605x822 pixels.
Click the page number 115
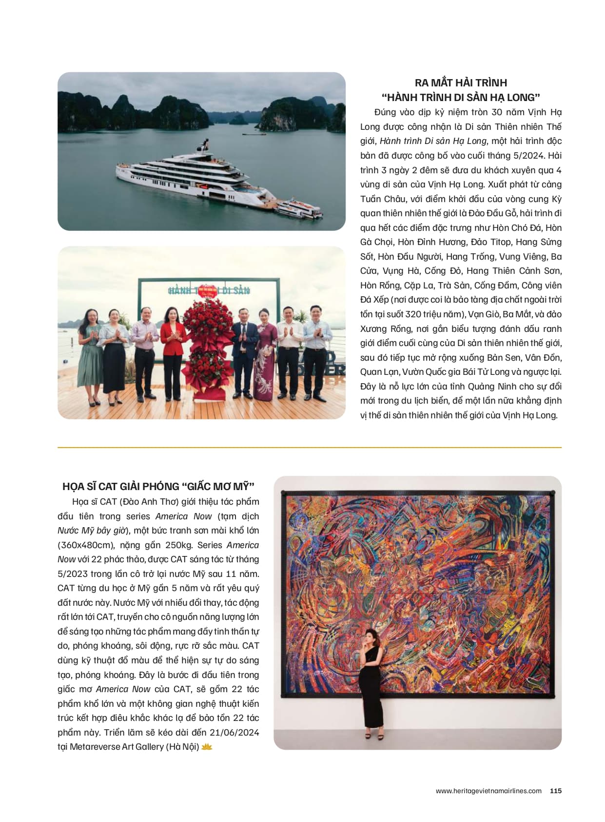[x=556, y=791]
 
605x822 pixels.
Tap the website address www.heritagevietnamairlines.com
[x=488, y=791]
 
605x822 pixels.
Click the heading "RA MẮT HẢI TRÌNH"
[x=461, y=82]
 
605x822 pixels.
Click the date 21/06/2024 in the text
[x=234, y=733]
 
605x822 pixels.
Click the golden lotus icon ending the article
[x=207, y=747]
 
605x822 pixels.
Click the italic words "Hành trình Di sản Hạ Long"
[x=433, y=141]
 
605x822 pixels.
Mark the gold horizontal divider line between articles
[x=309, y=447]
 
